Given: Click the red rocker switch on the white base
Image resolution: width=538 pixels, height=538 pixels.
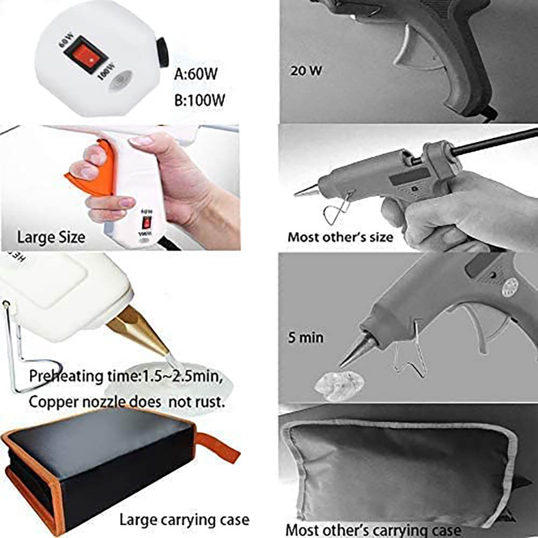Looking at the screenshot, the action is click(x=86, y=55).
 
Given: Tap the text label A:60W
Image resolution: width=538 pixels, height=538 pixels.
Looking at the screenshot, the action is click(x=196, y=73).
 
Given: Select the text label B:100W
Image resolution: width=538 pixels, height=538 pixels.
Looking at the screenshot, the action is click(x=200, y=100).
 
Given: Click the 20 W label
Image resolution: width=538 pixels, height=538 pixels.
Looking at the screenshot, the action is click(x=306, y=70).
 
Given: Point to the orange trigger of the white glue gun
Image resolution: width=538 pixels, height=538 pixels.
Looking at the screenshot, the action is click(x=94, y=172).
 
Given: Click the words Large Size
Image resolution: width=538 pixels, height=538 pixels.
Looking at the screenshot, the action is click(x=51, y=237).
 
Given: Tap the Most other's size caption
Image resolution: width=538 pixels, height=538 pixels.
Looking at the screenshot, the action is click(x=341, y=237).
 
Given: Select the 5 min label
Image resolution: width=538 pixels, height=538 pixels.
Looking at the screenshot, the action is click(x=306, y=338).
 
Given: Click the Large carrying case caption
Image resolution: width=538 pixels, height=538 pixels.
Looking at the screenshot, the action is click(x=184, y=520).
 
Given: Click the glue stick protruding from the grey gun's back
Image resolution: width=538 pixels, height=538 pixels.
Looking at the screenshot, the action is click(x=494, y=141).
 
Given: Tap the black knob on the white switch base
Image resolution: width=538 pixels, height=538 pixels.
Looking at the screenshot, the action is click(x=162, y=52).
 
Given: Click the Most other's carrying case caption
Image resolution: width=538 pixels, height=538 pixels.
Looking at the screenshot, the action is click(x=373, y=530).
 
